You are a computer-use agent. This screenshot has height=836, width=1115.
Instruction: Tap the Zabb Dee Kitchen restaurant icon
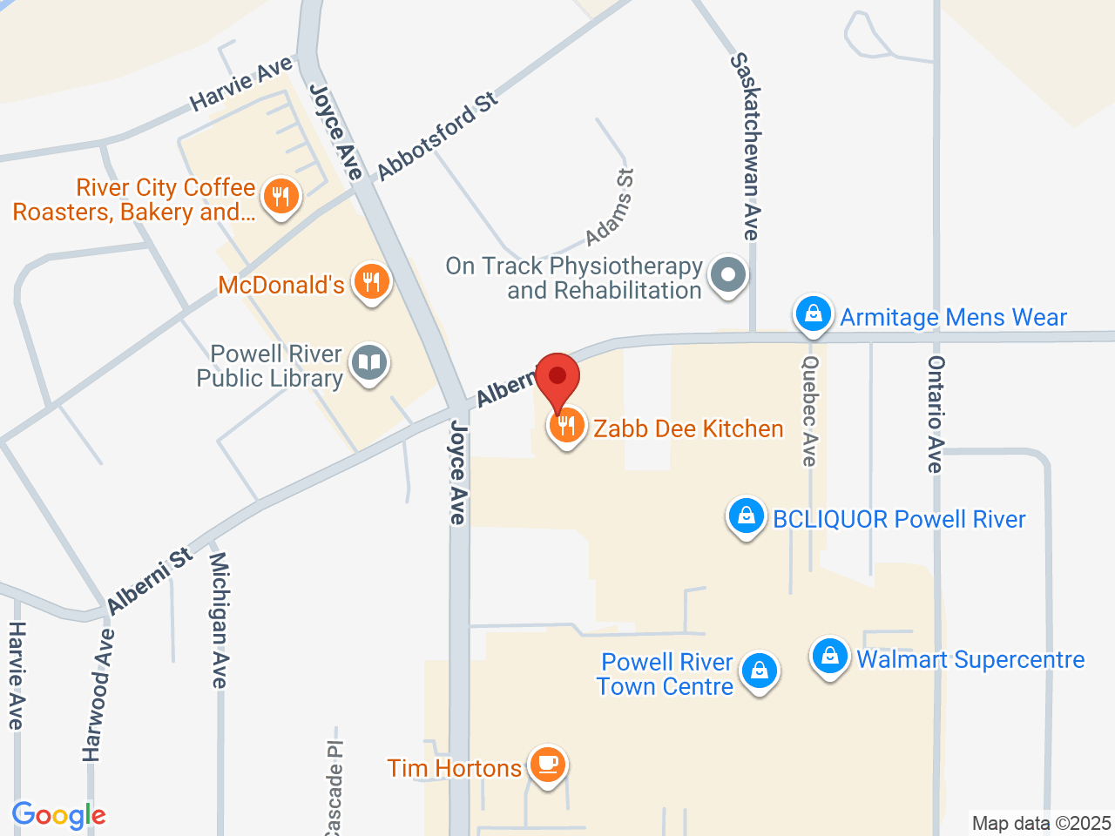[566, 426]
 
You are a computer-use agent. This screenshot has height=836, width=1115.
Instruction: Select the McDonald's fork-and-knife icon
[372, 282]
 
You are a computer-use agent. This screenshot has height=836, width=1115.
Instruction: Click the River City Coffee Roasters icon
[280, 197]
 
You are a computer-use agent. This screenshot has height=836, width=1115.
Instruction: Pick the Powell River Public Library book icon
[369, 363]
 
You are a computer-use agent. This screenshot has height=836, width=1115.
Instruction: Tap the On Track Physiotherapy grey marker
[728, 276]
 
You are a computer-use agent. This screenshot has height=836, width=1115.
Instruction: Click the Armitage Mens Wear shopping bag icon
[813, 314]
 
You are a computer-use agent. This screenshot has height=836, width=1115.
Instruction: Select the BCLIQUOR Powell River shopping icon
[746, 516]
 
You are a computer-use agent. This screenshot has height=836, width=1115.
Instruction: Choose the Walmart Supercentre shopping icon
[829, 657]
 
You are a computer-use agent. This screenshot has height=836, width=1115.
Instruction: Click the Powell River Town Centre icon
[760, 671]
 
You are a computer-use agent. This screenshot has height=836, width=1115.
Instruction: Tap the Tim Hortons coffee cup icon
[547, 765]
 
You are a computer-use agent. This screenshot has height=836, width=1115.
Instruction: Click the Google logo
[58, 816]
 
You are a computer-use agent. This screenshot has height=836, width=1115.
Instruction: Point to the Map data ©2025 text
[1041, 823]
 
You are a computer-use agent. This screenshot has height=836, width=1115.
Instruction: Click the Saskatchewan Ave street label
[746, 146]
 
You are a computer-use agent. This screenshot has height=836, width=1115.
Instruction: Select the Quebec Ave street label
[810, 410]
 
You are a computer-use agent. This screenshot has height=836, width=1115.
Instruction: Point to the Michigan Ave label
[220, 619]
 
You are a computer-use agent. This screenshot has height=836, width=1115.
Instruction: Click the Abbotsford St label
[437, 135]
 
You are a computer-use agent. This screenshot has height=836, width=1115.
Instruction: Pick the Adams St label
[611, 208]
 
